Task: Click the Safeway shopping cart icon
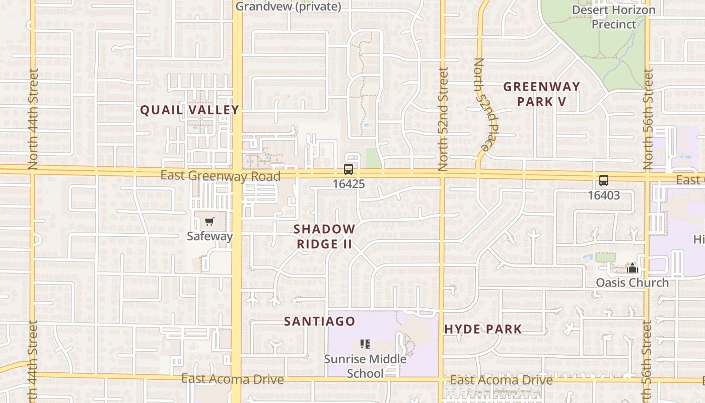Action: click(x=209, y=222)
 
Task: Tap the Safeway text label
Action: click(x=209, y=236)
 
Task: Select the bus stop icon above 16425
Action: click(x=348, y=169)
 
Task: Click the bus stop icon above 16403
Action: click(x=603, y=180)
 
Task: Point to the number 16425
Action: click(x=348, y=184)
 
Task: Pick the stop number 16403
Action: click(x=603, y=195)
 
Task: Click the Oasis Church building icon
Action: click(x=632, y=268)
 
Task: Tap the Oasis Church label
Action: click(x=632, y=283)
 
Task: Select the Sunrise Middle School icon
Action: click(x=365, y=344)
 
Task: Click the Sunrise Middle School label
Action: click(x=365, y=366)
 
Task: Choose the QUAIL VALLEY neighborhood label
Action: click(x=189, y=110)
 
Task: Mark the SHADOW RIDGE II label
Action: click(x=324, y=236)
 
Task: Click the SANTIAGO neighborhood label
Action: click(x=320, y=321)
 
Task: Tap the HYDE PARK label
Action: click(x=483, y=329)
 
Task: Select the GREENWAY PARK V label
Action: click(x=542, y=94)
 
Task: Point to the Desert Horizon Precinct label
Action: click(x=613, y=17)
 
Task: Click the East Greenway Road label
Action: click(x=220, y=176)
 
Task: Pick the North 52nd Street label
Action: click(x=443, y=119)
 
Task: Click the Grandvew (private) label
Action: click(x=288, y=7)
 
